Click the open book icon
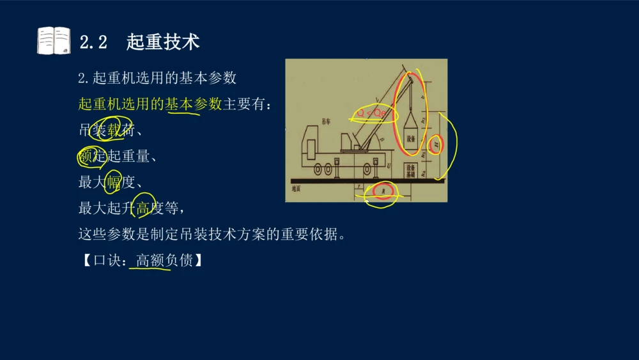point(54,41)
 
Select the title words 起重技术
point(163,42)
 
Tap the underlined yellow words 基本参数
point(193,104)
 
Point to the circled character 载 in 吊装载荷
point(115,130)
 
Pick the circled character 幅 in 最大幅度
point(114,182)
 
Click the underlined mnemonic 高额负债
point(164,260)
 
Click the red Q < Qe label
point(372,113)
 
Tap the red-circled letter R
point(383,191)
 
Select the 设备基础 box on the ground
point(411,170)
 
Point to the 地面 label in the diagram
point(296,189)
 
